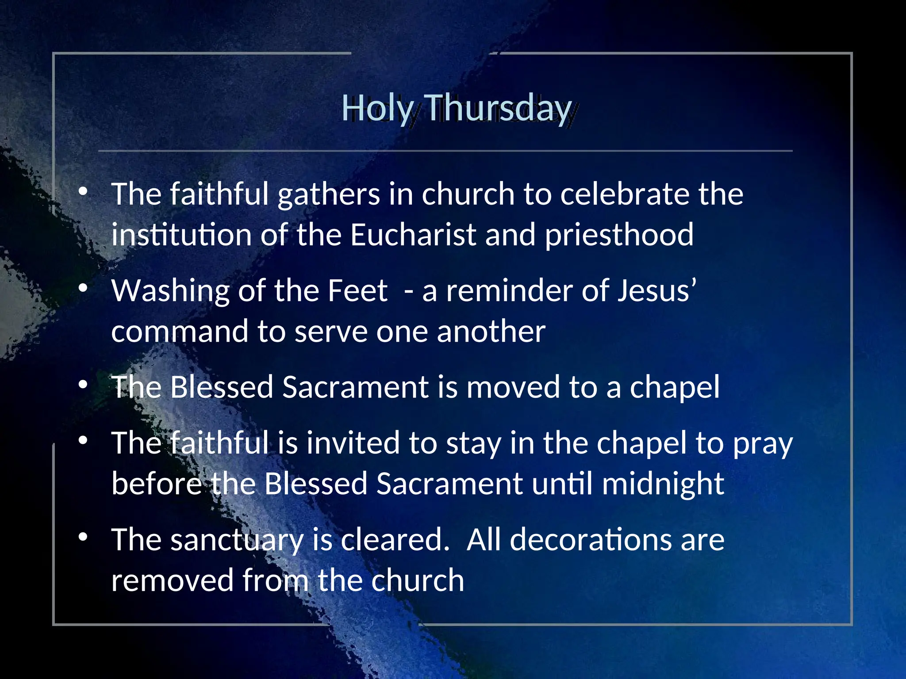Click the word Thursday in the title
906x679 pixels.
(499, 108)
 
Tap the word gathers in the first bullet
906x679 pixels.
(329, 195)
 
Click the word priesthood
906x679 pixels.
(619, 235)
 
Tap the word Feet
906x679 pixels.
(357, 291)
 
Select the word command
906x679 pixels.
(180, 332)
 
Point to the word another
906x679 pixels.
(491, 332)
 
